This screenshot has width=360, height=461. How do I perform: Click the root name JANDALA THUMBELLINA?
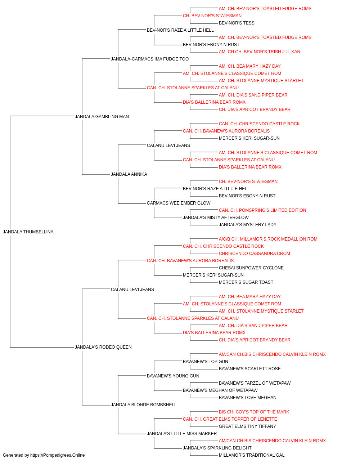[x=28, y=232]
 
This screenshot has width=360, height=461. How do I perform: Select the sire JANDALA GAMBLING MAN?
[x=102, y=117]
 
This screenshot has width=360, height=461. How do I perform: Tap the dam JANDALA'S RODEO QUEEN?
[x=103, y=347]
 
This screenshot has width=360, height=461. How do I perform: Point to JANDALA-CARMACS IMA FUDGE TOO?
[x=150, y=59]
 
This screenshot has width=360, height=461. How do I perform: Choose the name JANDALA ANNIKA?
[x=129, y=174]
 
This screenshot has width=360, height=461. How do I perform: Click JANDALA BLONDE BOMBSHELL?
[x=144, y=405]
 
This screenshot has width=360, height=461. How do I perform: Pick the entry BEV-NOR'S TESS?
[x=237, y=23]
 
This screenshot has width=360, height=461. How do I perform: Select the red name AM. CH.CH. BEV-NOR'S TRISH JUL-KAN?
[x=260, y=52]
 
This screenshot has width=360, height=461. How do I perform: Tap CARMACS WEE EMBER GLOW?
[x=179, y=203]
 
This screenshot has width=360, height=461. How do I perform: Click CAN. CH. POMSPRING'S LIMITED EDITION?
[x=262, y=210]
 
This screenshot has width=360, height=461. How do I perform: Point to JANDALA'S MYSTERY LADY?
[x=248, y=225]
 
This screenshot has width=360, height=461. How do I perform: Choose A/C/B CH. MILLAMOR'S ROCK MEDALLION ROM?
[x=268, y=239]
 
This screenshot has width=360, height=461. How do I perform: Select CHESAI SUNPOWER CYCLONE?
[x=251, y=268]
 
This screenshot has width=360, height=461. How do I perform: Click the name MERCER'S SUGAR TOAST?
[x=246, y=282]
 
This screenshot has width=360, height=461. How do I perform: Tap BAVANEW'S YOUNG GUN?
[x=173, y=376]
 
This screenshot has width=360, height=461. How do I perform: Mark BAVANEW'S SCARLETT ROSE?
[x=250, y=369]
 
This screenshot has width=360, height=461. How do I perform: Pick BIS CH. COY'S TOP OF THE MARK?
[x=254, y=412]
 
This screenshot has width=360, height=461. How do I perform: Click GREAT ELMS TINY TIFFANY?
[x=247, y=426]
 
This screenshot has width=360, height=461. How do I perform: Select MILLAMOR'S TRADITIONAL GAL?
[x=252, y=455]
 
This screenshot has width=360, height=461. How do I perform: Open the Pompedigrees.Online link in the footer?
[x=58, y=455]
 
